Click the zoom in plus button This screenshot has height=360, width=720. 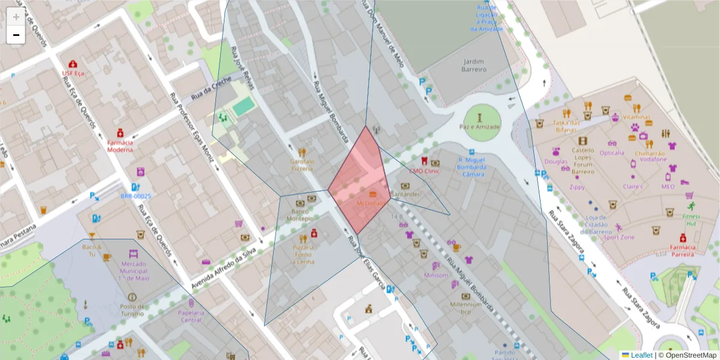[x=16, y=17]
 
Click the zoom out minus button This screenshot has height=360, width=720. [x=16, y=35]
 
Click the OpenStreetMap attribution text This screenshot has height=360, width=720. [x=689, y=355]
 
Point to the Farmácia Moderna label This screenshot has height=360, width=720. [x=120, y=146]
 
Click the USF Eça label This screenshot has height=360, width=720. [x=73, y=73]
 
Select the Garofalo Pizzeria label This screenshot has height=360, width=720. [x=302, y=165]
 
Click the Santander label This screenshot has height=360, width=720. [x=406, y=194]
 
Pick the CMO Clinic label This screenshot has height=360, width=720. [x=425, y=170]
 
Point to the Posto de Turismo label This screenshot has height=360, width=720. [x=131, y=310]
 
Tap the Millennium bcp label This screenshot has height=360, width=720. [x=466, y=308]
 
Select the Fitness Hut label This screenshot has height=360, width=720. [x=691, y=220]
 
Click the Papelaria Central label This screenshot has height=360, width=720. [x=191, y=316]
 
